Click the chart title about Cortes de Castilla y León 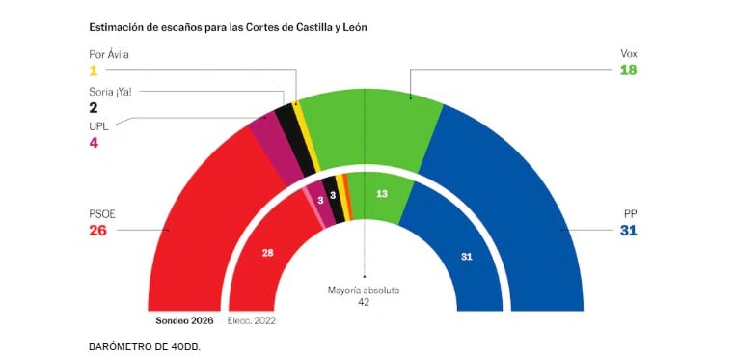228,27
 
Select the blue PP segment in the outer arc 521,212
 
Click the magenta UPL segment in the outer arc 275,150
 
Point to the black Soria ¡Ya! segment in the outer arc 294,140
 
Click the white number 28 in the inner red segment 268,253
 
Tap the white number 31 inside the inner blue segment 467,256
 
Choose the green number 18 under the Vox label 629,70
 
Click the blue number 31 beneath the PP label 629,231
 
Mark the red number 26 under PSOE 98,231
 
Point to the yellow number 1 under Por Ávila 94,70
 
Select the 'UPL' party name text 97,125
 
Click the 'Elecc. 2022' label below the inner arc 253,319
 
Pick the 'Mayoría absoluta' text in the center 364,290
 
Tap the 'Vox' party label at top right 629,53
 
